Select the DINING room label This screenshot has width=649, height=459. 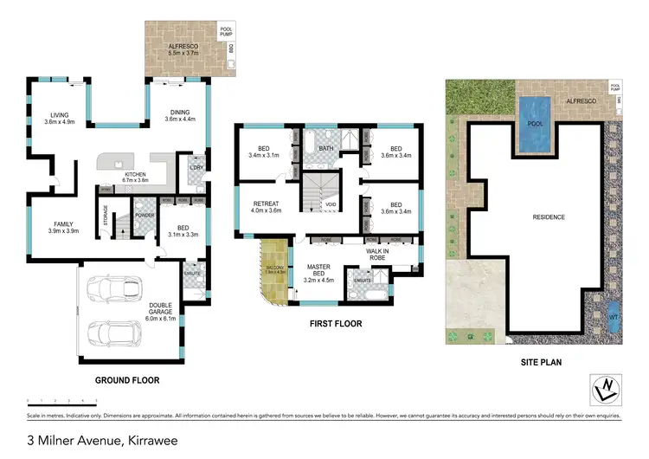[179, 112]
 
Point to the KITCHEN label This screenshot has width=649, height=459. [134, 175]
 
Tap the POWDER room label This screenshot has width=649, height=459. [145, 216]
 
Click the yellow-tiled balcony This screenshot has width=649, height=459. [273, 273]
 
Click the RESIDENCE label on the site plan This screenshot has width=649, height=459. [548, 217]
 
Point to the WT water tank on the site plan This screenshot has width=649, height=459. [614, 316]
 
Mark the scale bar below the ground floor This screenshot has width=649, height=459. [61, 401]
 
